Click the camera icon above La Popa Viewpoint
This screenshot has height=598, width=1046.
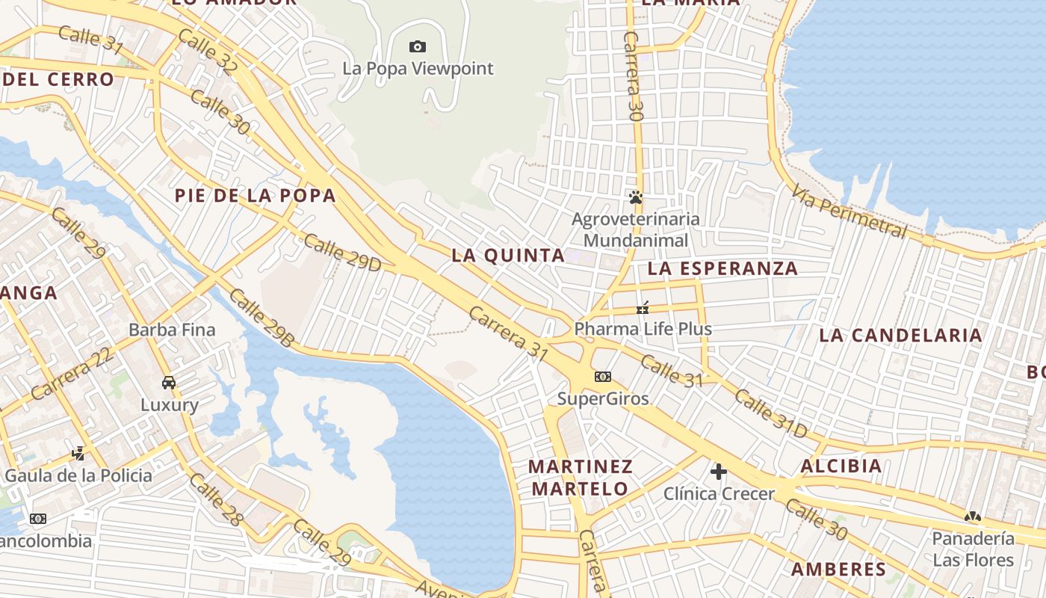418,47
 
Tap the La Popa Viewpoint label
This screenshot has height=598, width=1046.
418,68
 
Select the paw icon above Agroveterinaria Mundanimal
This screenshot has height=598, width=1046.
636,198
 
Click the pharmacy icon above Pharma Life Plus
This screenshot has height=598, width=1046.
643,308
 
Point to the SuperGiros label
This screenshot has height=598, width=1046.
603,398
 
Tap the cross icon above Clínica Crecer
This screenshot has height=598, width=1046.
719,472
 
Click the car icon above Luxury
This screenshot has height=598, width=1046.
169,383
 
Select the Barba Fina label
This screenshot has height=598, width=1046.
172,330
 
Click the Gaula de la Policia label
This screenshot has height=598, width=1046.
78,475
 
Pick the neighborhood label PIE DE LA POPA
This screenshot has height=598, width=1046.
255,196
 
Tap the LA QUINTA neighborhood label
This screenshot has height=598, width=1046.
508,255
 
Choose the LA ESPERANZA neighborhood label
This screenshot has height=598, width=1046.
722,268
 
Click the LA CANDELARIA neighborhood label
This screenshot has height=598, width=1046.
900,335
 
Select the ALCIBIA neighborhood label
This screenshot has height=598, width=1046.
841,466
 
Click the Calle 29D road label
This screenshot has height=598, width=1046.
342,253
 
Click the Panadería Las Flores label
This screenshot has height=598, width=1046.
972,549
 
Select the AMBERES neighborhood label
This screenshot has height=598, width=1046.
838,569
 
